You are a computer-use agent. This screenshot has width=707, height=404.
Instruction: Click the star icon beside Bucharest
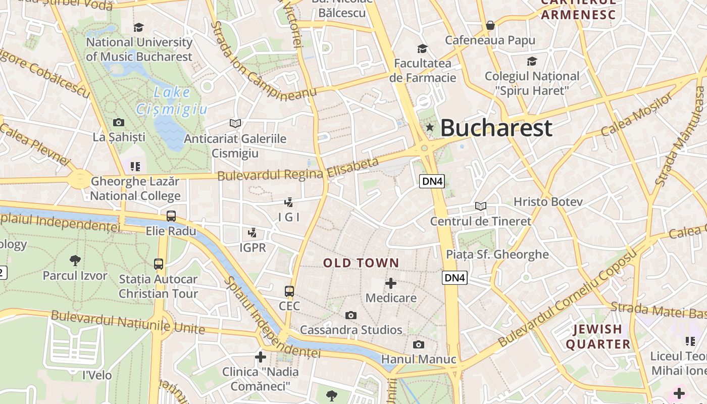430,127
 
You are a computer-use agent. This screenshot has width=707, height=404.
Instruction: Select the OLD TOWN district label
361,263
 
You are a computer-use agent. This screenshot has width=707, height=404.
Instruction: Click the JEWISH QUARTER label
598,337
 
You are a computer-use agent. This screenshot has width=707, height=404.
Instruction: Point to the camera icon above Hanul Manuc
418,344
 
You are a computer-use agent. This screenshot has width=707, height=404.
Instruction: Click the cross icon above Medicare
391,283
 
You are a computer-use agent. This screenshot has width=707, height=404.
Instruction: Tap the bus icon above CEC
289,291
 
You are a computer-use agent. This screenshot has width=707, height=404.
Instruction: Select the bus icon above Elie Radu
171,216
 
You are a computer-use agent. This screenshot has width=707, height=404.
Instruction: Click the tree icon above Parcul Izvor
75,261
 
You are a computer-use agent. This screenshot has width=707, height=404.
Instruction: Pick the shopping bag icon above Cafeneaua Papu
490,25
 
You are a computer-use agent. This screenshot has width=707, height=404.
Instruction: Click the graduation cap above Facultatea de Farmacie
422,48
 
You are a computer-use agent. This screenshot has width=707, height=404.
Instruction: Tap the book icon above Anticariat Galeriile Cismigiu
235,123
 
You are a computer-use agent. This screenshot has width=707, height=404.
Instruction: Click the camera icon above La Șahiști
119,122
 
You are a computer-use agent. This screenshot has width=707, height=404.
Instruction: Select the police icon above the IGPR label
252,233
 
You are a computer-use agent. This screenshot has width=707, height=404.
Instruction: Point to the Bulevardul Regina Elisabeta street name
298,170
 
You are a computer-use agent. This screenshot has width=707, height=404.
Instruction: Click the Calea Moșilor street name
637,115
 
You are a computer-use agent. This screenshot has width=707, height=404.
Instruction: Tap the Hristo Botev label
548,202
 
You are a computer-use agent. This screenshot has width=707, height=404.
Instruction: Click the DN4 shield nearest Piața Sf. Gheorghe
454,277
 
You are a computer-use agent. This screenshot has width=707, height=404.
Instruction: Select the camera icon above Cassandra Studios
350,316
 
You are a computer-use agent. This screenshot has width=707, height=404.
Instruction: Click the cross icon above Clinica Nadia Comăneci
261,358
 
